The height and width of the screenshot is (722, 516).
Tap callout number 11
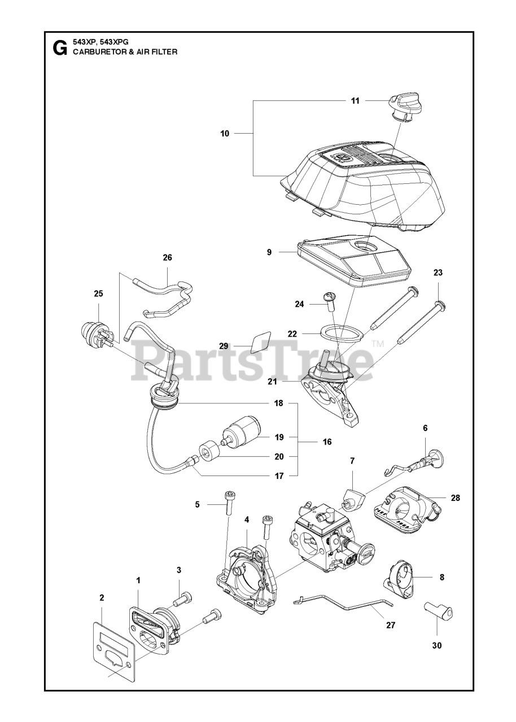tap(355, 101)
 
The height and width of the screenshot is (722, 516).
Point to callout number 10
tap(225, 134)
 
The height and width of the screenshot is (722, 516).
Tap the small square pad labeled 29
tap(260, 341)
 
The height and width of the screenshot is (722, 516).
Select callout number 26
tap(167, 258)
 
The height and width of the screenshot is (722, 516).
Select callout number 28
tap(456, 498)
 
